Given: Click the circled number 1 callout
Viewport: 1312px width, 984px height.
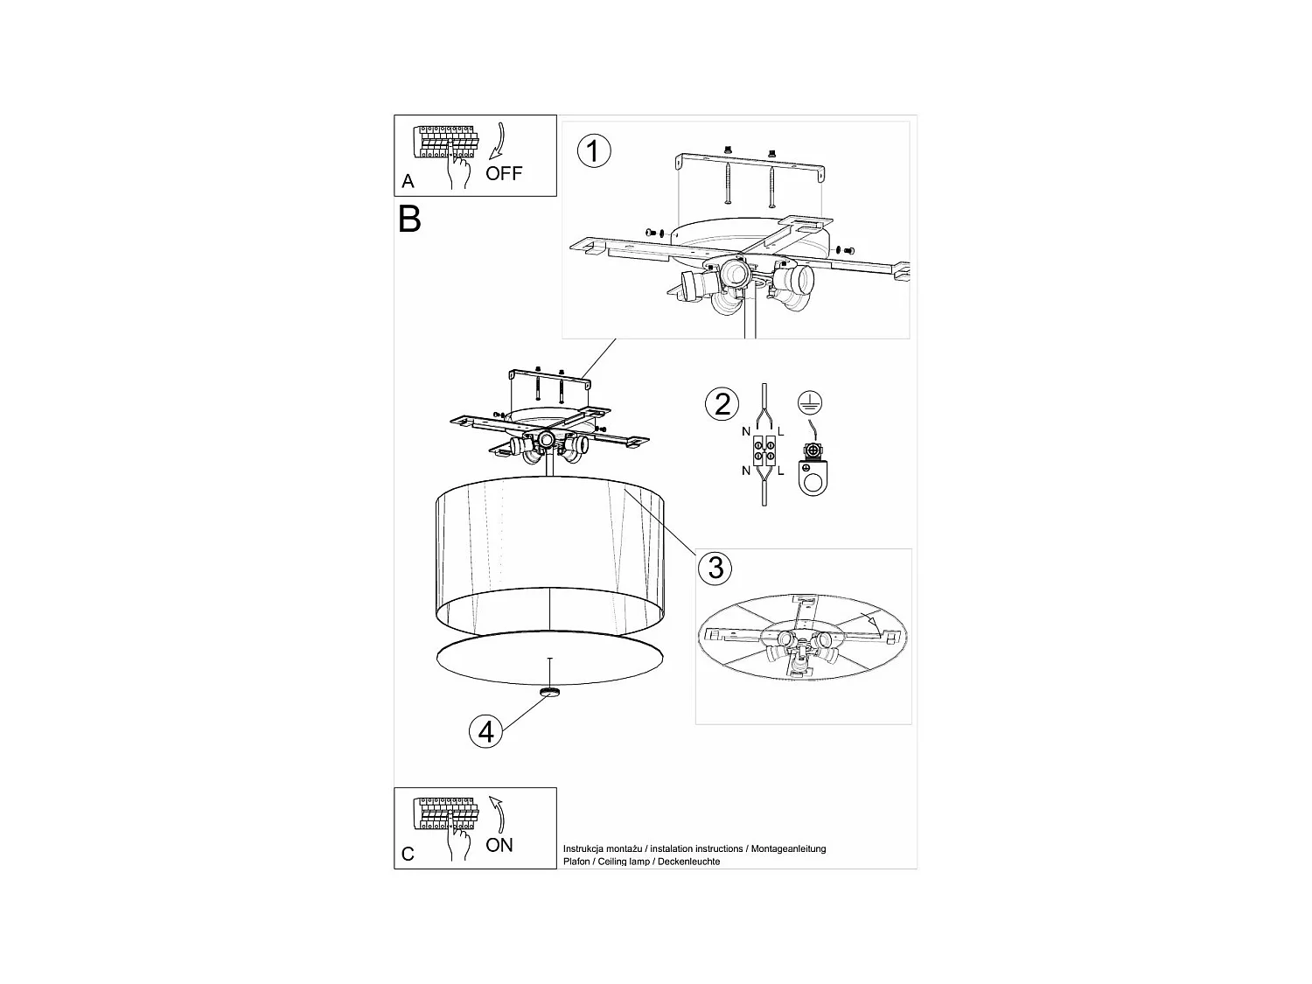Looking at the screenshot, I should pyautogui.click(x=594, y=151).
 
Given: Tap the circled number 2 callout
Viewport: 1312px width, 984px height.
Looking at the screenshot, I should pyautogui.click(x=722, y=404).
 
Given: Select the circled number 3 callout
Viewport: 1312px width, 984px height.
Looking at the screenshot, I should pyautogui.click(x=715, y=568).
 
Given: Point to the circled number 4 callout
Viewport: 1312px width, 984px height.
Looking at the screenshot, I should pyautogui.click(x=486, y=730).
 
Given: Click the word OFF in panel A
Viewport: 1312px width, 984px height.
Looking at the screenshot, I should pyautogui.click(x=504, y=173).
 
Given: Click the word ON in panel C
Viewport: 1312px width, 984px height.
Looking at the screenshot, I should pyautogui.click(x=499, y=845).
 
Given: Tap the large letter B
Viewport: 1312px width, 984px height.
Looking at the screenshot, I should pyautogui.click(x=409, y=219).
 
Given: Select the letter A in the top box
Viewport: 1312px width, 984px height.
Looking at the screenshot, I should pyautogui.click(x=408, y=182).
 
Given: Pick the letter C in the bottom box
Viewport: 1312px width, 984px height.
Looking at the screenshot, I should pyautogui.click(x=408, y=855).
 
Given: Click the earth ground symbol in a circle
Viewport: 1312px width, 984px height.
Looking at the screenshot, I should pyautogui.click(x=810, y=403).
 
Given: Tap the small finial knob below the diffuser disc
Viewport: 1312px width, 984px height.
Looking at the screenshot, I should pyautogui.click(x=550, y=692).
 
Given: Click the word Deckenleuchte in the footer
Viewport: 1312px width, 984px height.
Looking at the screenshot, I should pyautogui.click(x=691, y=862).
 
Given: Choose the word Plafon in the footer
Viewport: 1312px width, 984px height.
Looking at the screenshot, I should pyautogui.click(x=576, y=862).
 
